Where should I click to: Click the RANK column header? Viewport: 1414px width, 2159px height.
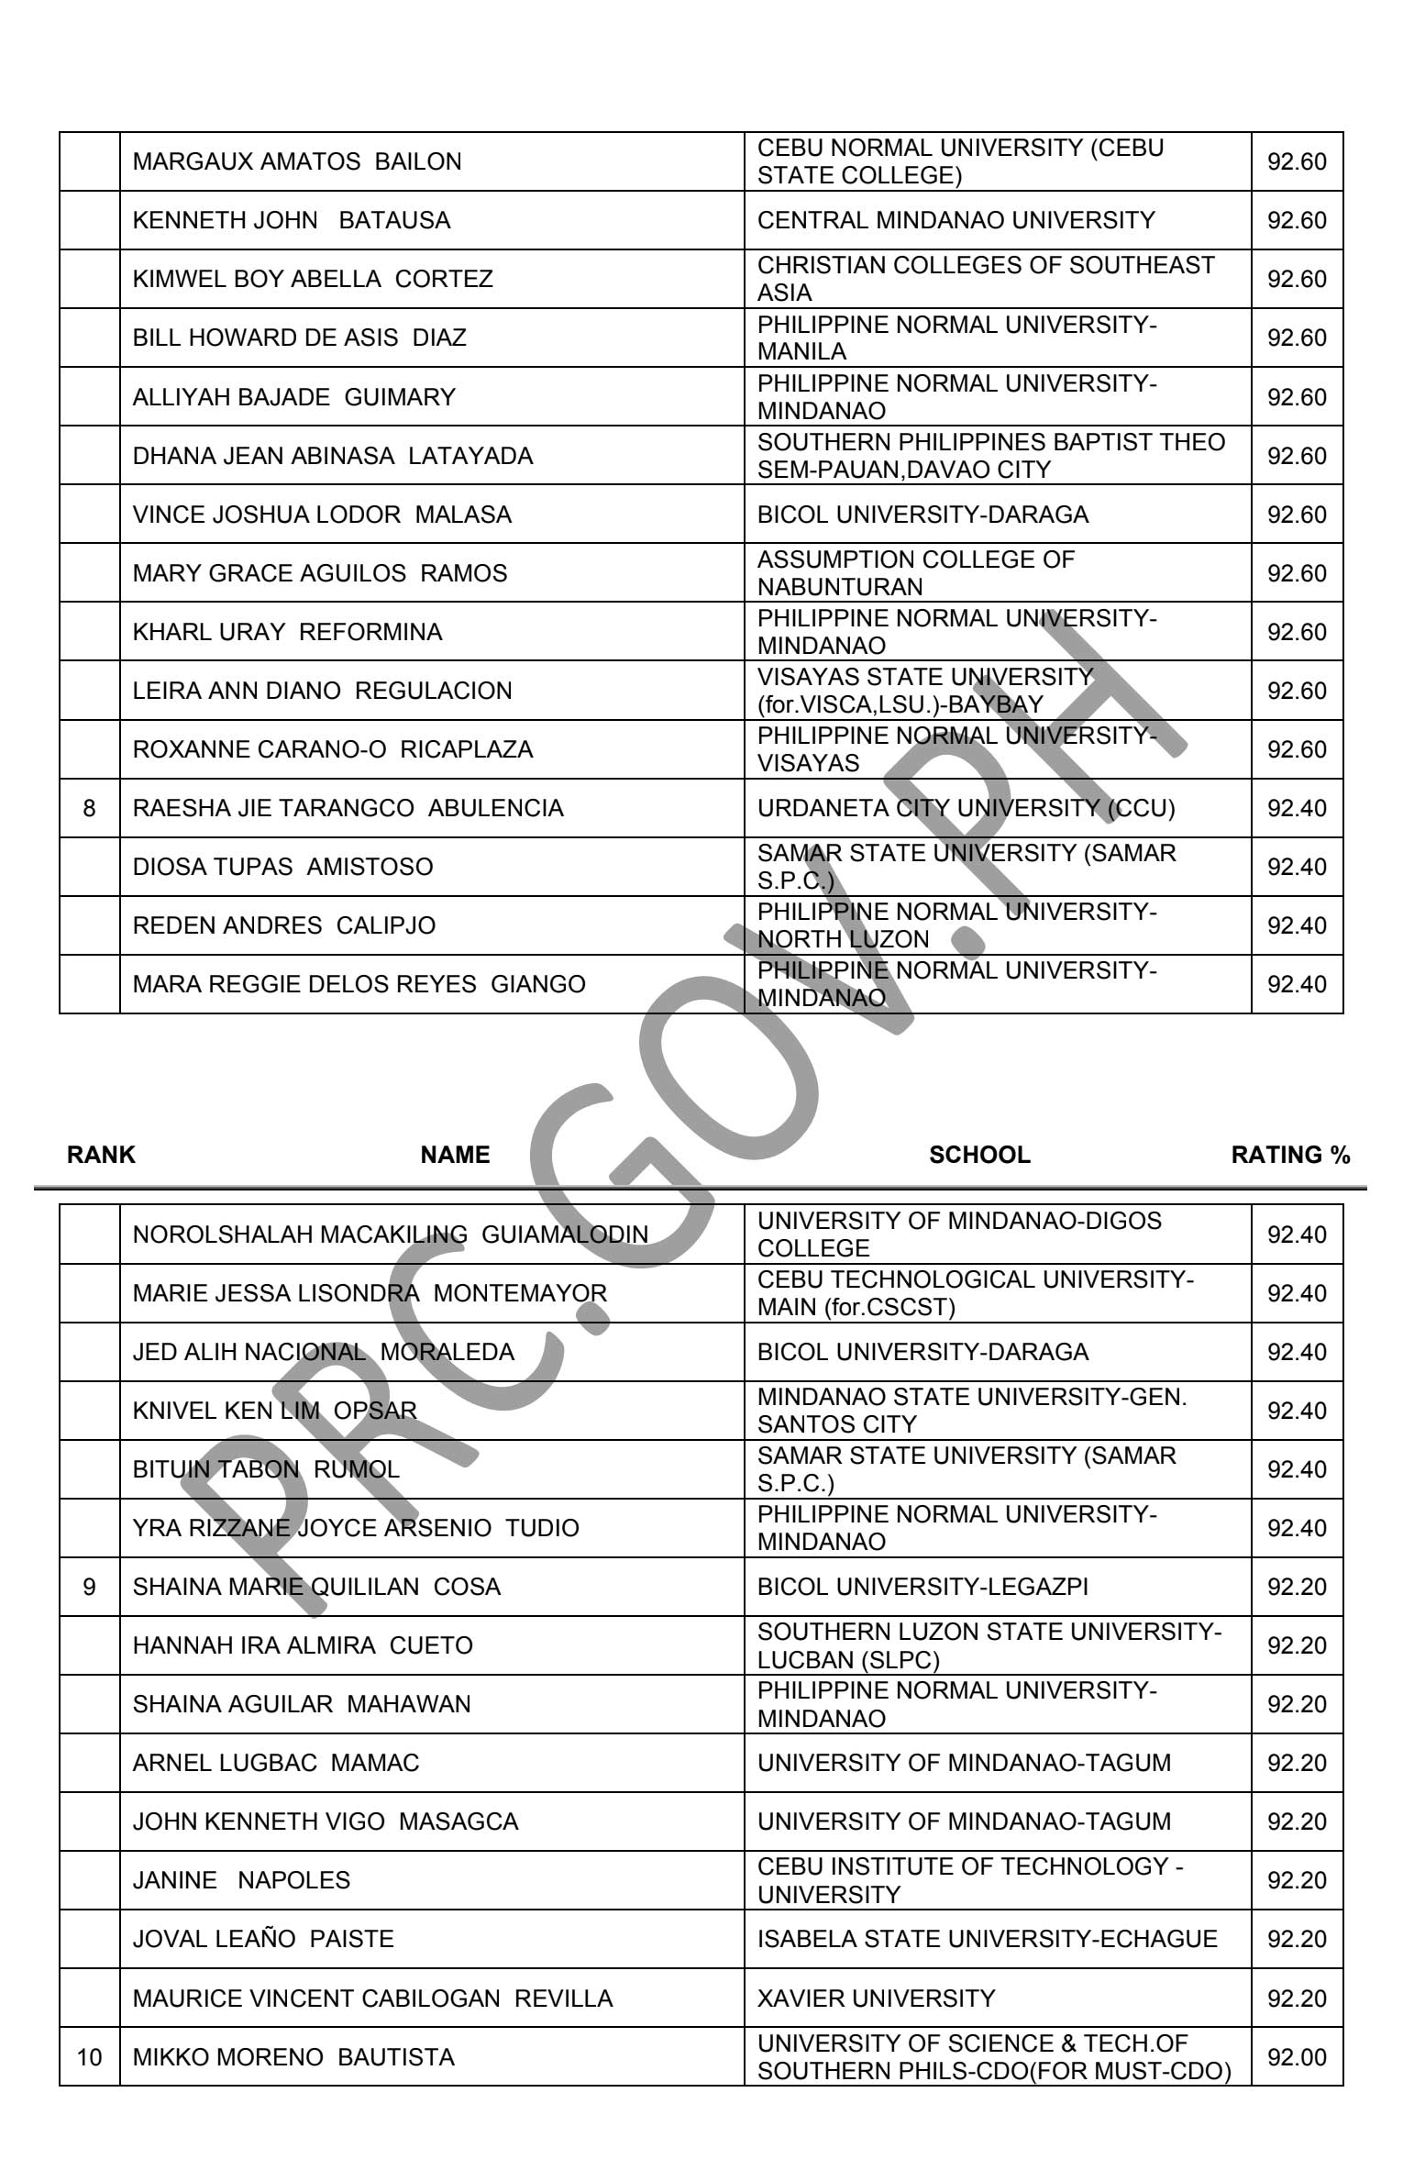point(101,1155)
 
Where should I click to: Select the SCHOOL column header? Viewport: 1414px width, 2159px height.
point(979,1155)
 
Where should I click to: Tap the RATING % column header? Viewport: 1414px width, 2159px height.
point(1290,1155)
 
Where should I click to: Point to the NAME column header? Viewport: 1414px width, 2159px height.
point(455,1155)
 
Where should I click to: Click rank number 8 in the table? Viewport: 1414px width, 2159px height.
point(89,808)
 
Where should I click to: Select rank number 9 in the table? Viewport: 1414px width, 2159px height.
point(89,1587)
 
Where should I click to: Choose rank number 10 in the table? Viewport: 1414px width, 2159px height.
point(89,2057)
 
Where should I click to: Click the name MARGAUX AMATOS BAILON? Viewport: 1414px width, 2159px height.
point(297,161)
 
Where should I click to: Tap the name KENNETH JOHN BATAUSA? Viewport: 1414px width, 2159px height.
point(292,220)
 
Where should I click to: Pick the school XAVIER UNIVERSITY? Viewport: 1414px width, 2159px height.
point(876,1998)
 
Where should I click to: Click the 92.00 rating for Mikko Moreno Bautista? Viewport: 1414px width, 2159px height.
point(1297,2057)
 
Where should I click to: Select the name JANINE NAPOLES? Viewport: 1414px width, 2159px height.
point(241,1880)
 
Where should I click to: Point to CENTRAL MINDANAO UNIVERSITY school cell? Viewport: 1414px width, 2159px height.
point(956,220)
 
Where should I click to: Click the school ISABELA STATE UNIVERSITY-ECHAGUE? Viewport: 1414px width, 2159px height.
point(987,1939)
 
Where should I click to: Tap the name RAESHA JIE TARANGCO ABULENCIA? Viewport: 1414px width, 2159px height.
point(348,808)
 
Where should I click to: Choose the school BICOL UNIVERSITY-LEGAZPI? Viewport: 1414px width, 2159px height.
point(922,1587)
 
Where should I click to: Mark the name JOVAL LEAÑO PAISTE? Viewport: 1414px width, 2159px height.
point(263,1939)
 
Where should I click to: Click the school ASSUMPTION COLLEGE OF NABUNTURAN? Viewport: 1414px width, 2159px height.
point(915,572)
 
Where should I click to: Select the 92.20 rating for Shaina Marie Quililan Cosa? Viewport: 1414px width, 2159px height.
point(1297,1587)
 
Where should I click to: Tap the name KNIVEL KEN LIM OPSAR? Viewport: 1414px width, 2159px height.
point(275,1411)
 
